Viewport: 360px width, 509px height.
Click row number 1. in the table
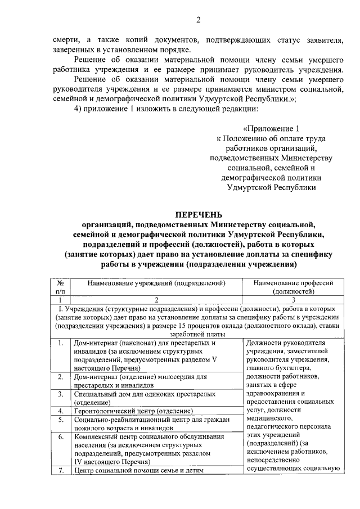[60, 342]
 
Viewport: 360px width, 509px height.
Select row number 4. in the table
[60, 411]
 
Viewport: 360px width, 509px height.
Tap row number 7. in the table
[60, 470]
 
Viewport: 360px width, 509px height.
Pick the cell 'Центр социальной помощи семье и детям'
[138, 470]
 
